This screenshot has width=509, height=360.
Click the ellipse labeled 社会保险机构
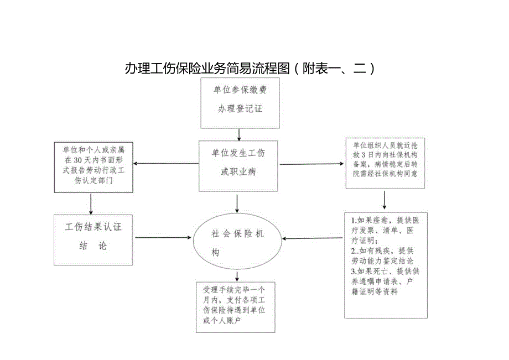click(x=238, y=243)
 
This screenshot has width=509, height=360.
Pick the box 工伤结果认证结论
click(x=93, y=239)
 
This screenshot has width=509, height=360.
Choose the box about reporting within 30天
click(x=94, y=167)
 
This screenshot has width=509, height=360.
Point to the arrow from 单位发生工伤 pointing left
click(x=166, y=164)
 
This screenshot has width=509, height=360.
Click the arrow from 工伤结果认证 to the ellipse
click(x=163, y=238)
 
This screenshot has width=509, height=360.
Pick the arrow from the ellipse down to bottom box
click(x=237, y=275)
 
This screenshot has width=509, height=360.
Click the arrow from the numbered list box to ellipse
click(x=313, y=239)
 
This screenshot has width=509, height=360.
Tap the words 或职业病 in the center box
click(x=238, y=173)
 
